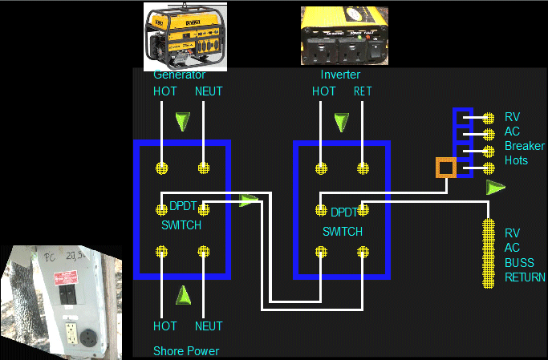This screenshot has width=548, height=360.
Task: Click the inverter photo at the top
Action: (x=343, y=36)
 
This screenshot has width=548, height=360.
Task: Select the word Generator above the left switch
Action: (x=180, y=75)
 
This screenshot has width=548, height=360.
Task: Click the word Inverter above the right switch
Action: (x=340, y=75)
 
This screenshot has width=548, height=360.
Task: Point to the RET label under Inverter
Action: (x=363, y=91)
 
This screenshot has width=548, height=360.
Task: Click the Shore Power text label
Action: (x=186, y=350)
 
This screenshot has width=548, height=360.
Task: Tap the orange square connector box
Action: (x=445, y=168)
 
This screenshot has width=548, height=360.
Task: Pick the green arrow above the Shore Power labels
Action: (x=184, y=295)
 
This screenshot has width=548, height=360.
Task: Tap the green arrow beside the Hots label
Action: (x=496, y=187)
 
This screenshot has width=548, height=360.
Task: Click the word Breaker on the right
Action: (x=525, y=146)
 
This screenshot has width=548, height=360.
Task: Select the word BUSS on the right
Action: (x=519, y=262)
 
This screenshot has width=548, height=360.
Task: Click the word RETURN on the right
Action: (x=525, y=277)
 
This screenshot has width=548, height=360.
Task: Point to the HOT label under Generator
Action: (x=165, y=91)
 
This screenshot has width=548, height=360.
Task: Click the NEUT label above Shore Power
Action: (x=209, y=326)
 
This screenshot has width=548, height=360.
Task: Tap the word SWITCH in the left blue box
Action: (x=181, y=225)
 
